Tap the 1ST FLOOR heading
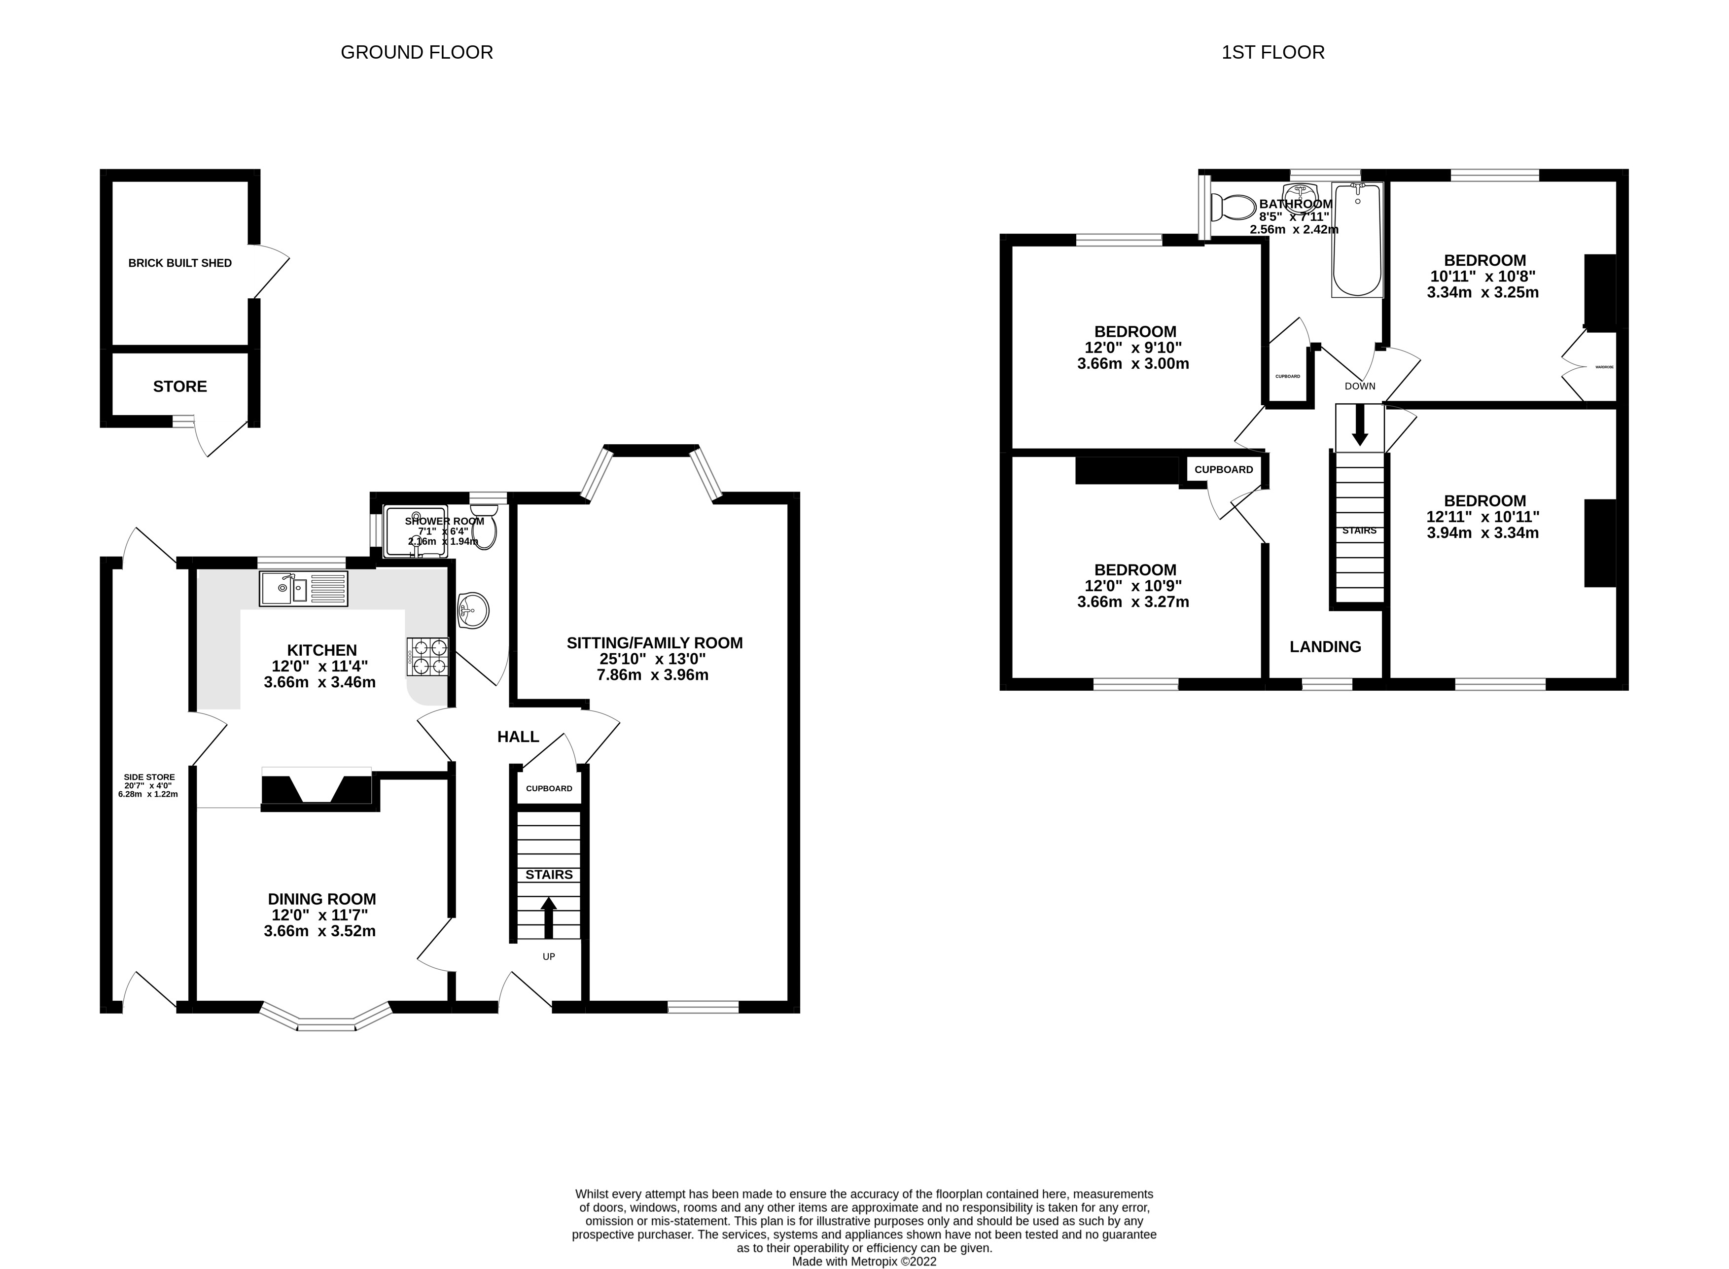point(1273,52)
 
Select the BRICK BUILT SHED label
point(180,263)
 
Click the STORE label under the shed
point(180,387)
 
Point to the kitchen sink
point(303,589)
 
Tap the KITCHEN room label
point(322,650)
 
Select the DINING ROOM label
point(322,899)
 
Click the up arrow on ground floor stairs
point(548,917)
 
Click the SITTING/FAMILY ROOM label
point(654,643)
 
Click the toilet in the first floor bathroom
point(1233,207)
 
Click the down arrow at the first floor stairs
point(1360,427)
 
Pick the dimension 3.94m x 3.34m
point(1482,533)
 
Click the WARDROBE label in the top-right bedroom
point(1604,367)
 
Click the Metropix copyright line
point(864,1261)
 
